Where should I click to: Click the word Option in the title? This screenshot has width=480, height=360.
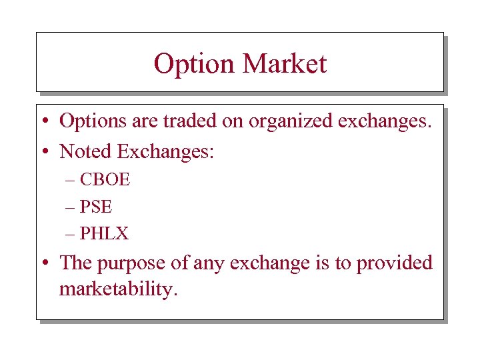click(x=194, y=64)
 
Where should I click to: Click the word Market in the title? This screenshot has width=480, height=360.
click(x=285, y=64)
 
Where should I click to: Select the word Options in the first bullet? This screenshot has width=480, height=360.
click(x=96, y=121)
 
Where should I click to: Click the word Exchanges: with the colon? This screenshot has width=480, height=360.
click(x=166, y=152)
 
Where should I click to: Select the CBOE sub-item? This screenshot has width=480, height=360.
click(x=105, y=179)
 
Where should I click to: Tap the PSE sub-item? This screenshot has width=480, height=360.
click(x=96, y=207)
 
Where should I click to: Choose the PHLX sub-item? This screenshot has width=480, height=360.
click(x=104, y=233)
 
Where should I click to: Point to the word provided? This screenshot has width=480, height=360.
click(x=395, y=263)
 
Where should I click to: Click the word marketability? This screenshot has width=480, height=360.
click(x=119, y=290)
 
